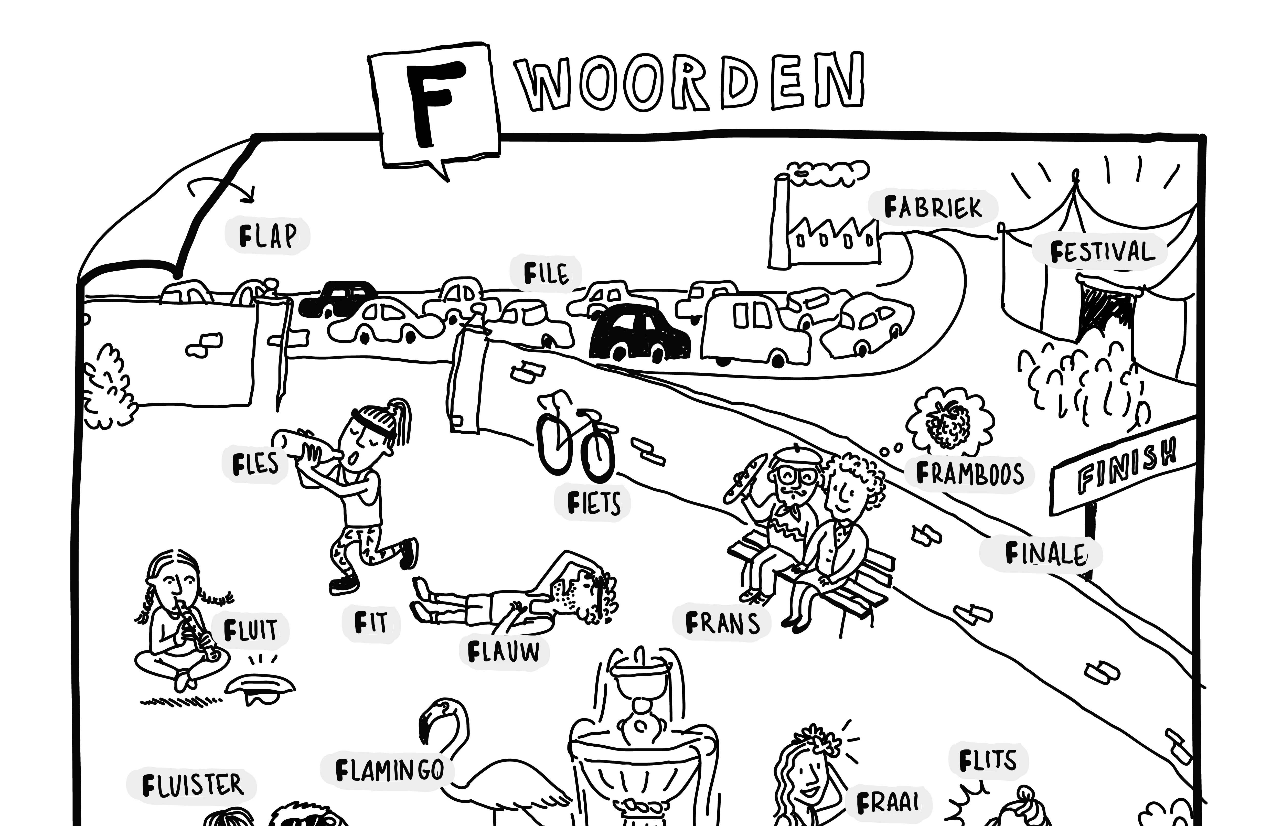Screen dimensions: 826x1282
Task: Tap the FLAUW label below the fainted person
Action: (x=503, y=652)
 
